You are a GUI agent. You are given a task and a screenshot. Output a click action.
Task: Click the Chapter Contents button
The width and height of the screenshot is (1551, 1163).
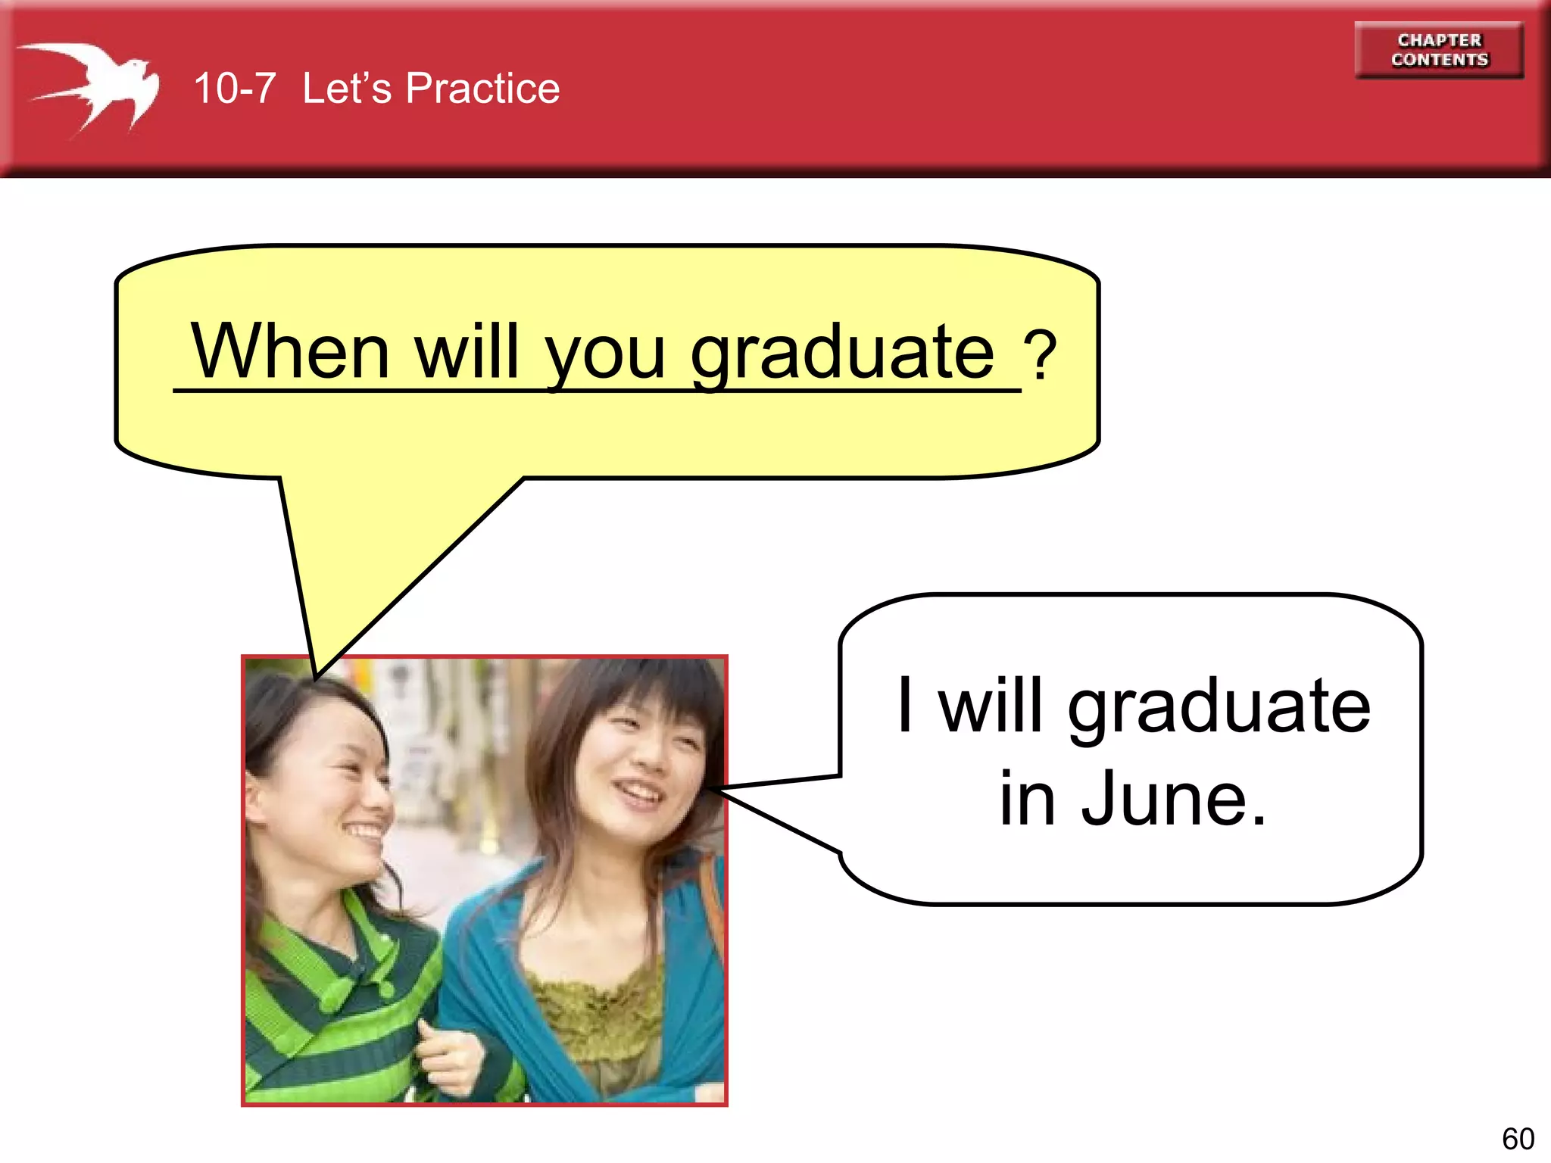pos(1439,50)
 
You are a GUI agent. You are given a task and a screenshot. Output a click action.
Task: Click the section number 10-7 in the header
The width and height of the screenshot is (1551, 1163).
pos(234,89)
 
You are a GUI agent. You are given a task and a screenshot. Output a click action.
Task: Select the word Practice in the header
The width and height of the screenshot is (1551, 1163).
pos(482,89)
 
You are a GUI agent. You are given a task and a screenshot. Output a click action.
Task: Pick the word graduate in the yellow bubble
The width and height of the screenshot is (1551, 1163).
pos(841,354)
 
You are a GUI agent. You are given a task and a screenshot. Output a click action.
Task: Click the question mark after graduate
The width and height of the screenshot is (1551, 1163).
pos(1040,356)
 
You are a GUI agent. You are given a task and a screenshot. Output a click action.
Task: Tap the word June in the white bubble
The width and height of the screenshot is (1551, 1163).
pos(1173,799)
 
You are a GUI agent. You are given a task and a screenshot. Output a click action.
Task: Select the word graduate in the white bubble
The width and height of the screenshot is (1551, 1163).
pos(1219,708)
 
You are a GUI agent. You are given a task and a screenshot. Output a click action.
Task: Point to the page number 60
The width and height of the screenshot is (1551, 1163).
pos(1518,1139)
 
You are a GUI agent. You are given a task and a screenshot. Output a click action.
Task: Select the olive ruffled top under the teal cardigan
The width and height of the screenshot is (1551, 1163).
pos(598,1015)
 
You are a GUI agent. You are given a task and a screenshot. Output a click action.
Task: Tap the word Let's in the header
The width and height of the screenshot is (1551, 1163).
pos(347,89)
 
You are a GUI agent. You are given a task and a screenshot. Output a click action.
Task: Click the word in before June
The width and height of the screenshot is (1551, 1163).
pos(1027,799)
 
